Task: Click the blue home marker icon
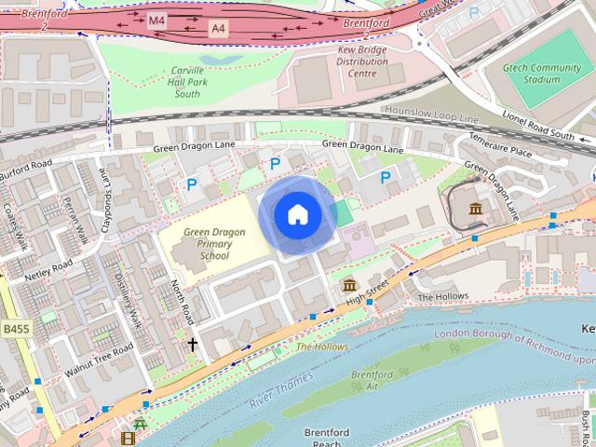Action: (x=297, y=215)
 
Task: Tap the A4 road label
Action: (x=218, y=28)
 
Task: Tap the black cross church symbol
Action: (x=193, y=345)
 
